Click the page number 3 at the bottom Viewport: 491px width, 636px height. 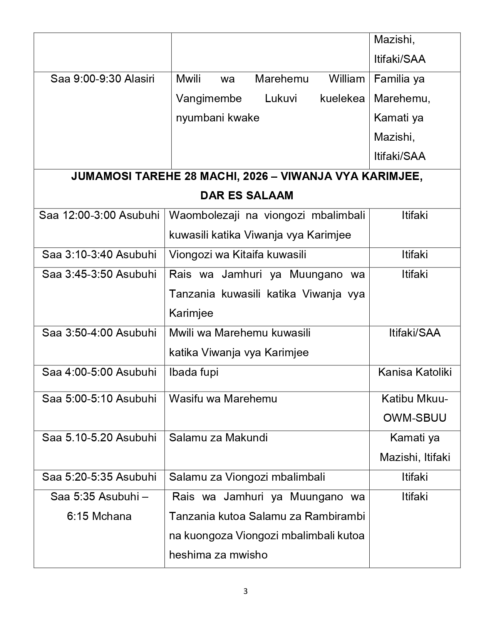(x=245, y=591)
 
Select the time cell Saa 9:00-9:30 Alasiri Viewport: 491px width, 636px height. (x=102, y=79)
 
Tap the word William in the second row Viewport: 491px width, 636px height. (x=347, y=79)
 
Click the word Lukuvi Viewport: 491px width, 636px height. (x=281, y=99)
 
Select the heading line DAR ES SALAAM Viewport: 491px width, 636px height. (x=246, y=196)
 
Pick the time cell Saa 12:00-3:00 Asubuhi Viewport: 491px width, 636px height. (x=99, y=215)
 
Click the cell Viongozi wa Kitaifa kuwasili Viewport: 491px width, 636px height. (x=238, y=255)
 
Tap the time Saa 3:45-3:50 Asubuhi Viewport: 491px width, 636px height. (x=99, y=274)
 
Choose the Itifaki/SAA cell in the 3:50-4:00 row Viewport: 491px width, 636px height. (x=414, y=333)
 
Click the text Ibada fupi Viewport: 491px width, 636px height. (x=194, y=372)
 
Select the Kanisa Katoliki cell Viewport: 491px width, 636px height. (x=414, y=372)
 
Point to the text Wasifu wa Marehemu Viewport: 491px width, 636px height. (x=223, y=399)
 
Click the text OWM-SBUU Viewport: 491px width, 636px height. (x=414, y=418)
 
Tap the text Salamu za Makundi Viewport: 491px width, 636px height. (x=218, y=438)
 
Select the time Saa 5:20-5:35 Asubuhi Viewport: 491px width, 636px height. (x=99, y=477)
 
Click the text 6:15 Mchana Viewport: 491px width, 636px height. (x=99, y=517)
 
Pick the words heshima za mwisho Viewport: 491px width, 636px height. (x=218, y=555)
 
